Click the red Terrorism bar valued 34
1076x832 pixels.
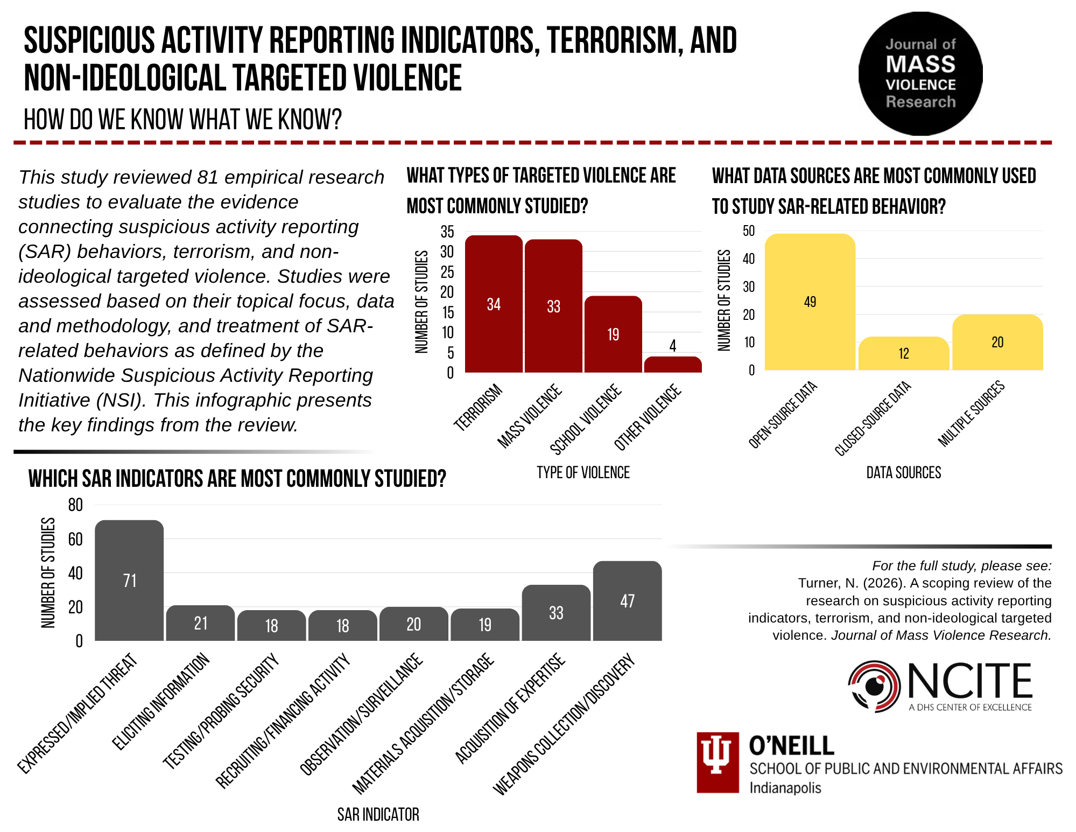tap(494, 304)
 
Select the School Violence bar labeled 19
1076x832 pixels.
tap(613, 334)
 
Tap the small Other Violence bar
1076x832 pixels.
tap(673, 365)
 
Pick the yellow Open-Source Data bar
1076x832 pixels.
tap(810, 302)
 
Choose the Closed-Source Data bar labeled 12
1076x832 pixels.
tap(904, 353)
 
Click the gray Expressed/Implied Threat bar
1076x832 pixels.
tap(129, 580)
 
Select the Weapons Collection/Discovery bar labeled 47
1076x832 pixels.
tap(628, 600)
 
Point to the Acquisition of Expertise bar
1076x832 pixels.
tap(556, 612)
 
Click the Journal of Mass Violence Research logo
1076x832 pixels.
tap(920, 74)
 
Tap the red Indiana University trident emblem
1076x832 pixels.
tap(718, 762)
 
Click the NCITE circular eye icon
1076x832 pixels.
tap(874, 687)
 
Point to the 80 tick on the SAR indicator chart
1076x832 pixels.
tap(75, 505)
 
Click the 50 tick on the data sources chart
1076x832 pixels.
tap(749, 231)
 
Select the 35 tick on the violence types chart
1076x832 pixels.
tap(447, 232)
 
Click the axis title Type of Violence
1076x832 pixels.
tap(583, 472)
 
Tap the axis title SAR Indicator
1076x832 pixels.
tap(378, 814)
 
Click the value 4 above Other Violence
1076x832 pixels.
tap(673, 346)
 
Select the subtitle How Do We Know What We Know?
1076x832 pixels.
tap(182, 119)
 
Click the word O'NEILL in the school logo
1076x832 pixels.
tap(791, 746)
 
